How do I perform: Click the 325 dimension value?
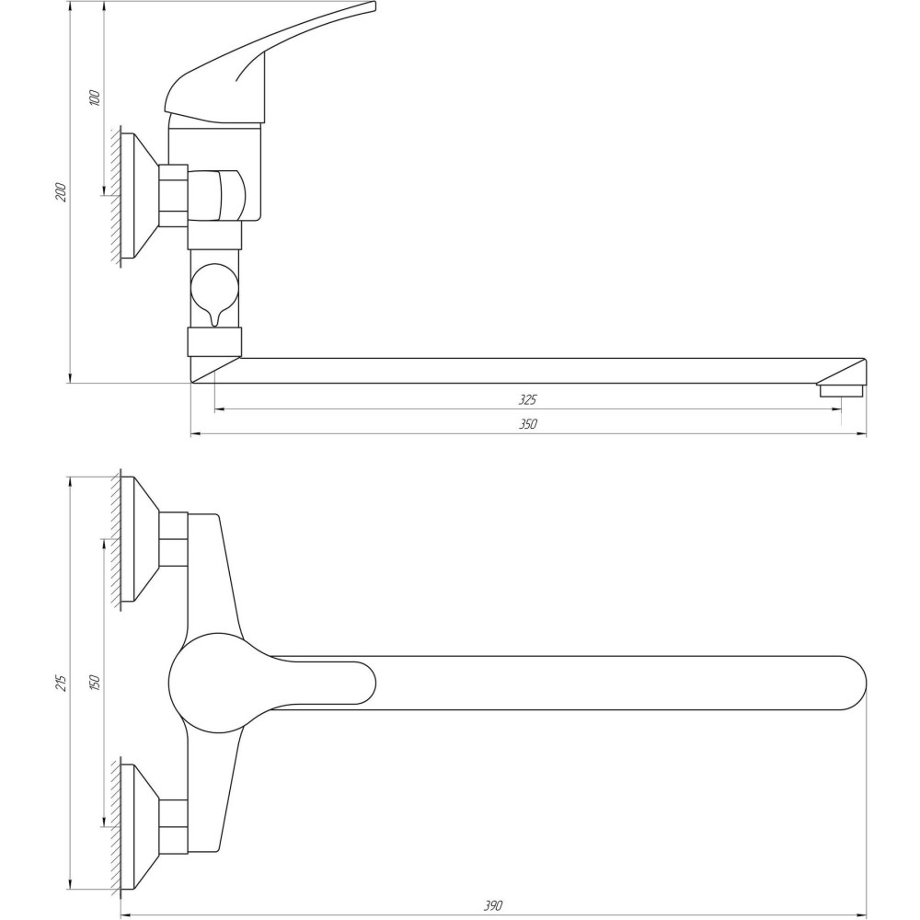pos(527,399)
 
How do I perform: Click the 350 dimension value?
pos(527,424)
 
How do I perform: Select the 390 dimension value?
pos(494,905)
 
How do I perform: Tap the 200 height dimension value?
pos(62,192)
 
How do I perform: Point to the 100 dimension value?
pos(95,98)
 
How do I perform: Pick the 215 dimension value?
pos(62,682)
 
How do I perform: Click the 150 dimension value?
pos(95,682)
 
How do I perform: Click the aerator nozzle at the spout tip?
pos(841,390)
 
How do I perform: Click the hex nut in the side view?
pos(173,194)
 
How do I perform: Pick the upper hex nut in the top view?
pos(173,538)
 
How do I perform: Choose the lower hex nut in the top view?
pos(173,825)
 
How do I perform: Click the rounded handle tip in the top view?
pos(363,683)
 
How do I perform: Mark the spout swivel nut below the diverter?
pos(214,342)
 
